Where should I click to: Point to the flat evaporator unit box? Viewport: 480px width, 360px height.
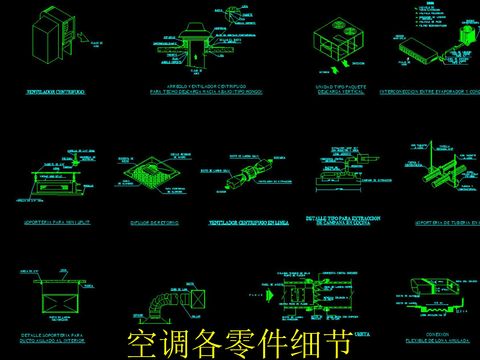click(x=414, y=50)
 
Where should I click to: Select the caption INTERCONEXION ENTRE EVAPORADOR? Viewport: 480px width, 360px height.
click(x=425, y=89)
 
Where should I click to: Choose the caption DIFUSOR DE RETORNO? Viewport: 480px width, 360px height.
click(x=151, y=223)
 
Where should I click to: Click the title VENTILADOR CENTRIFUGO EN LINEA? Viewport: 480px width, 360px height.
click(x=250, y=222)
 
